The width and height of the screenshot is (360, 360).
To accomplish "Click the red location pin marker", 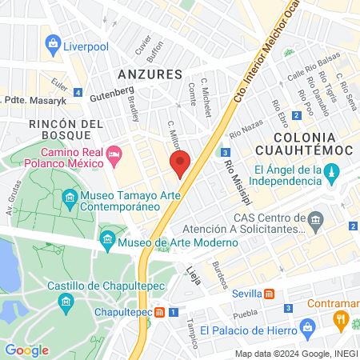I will click(180, 163).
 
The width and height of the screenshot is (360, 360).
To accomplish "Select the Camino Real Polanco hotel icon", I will click(114, 152).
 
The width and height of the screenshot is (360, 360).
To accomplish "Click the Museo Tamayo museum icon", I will click(70, 197).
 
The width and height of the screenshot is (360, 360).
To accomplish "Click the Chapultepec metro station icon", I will click(162, 311).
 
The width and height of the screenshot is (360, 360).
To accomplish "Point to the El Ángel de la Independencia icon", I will click(333, 170).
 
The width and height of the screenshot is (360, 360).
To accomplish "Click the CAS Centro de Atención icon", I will click(315, 218).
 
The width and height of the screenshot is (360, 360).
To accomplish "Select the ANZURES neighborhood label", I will click(150, 74).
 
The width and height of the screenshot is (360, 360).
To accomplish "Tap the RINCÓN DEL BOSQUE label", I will click(66, 131).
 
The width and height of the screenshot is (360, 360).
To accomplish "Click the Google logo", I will click(27, 350).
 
